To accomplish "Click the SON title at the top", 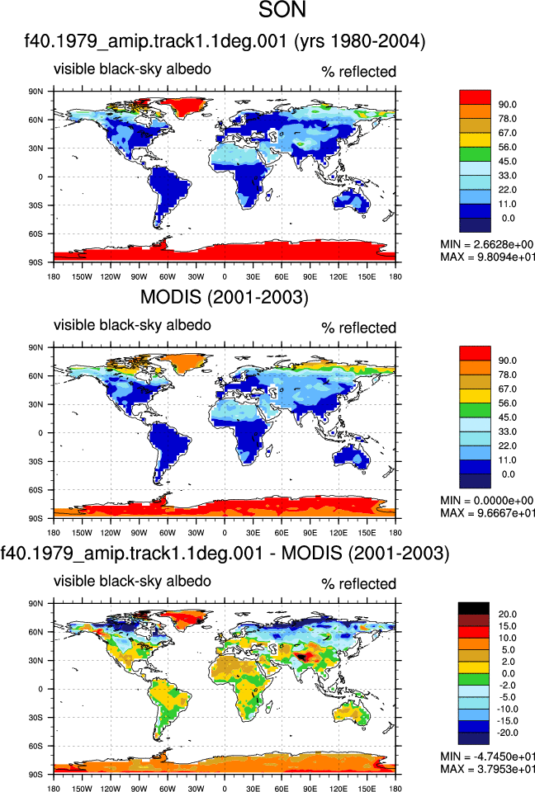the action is [282, 10].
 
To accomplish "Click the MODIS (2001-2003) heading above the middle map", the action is [224, 297].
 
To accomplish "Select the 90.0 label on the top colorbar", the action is [507, 105].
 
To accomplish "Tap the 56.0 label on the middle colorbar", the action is [507, 403].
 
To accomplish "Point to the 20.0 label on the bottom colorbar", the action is [507, 614].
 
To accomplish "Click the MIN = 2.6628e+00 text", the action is [486, 244].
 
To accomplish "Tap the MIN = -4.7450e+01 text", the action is [487, 757].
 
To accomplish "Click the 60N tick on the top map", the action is [36, 120].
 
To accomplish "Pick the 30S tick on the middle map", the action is [36, 461].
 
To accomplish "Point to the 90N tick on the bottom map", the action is [36, 603].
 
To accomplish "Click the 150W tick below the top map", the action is [82, 276].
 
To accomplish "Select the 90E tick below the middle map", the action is [310, 532].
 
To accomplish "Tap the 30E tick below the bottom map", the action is [253, 789].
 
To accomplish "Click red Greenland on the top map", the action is [187, 105].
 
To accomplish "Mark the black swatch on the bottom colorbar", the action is [474, 608].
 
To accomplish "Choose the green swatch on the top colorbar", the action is [475, 154].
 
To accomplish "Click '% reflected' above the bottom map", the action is [358, 584].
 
